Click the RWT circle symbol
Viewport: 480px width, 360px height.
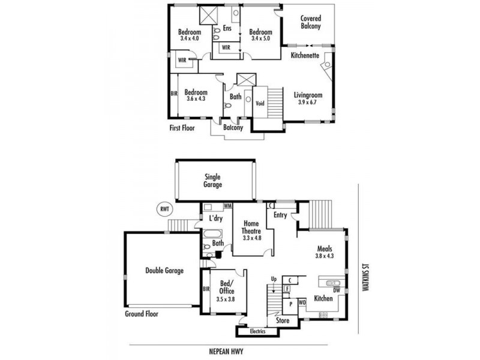[163, 209]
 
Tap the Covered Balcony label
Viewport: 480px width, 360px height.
[310, 23]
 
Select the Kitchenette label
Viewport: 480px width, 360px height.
[305, 55]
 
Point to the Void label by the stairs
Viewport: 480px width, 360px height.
[260, 103]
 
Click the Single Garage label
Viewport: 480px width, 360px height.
[213, 181]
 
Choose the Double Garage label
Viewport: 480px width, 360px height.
[164, 271]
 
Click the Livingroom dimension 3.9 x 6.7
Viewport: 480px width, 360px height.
[308, 103]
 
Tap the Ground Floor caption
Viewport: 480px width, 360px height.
[142, 314]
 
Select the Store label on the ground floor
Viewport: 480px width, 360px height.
[283, 320]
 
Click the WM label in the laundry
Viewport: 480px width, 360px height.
[227, 206]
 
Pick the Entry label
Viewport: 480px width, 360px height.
[280, 215]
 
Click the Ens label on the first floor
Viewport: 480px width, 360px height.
[227, 28]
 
